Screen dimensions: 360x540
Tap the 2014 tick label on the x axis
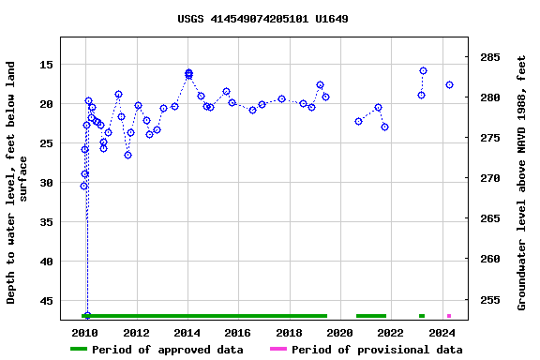pos(187,333)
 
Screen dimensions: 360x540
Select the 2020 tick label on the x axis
pos(340,333)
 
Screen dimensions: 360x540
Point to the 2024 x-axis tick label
pos(442,333)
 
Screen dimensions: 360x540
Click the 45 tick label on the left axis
pos(45,301)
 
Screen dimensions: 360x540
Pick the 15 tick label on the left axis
pos(45,65)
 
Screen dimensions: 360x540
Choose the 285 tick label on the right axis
pos(490,57)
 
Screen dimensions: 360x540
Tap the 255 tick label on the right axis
pos(490,301)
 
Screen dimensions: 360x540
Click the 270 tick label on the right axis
pos(490,178)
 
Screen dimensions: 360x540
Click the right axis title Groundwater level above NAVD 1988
pos(521,182)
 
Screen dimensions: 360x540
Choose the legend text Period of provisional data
pos(376,350)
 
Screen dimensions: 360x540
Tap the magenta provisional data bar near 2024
pos(449,316)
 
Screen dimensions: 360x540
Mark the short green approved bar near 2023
pos(422,316)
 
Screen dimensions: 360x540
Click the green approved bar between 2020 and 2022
pos(371,316)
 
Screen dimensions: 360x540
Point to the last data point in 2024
pos(449,85)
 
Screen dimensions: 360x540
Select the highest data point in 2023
pos(423,71)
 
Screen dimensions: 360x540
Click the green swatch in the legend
pos(79,350)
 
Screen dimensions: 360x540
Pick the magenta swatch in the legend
pos(278,350)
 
